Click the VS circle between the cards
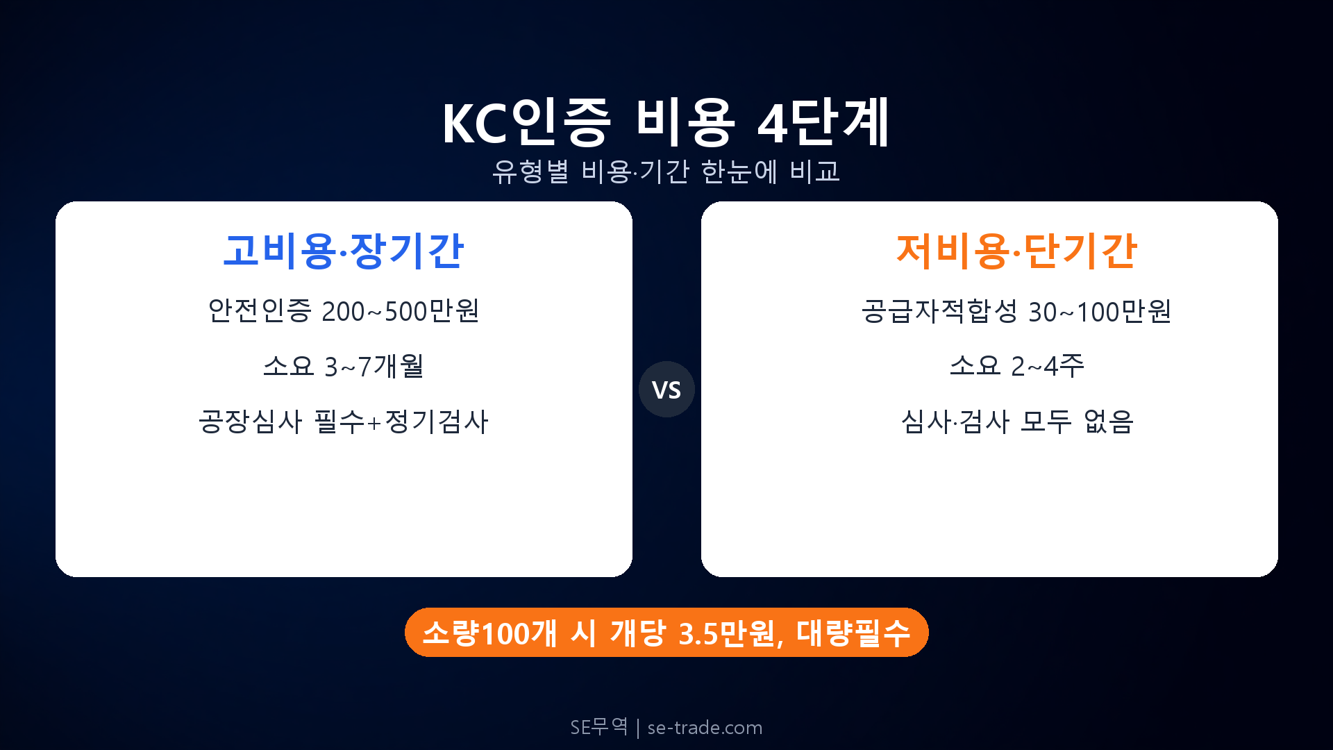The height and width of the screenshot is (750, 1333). (666, 390)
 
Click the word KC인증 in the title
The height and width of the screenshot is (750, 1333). (526, 123)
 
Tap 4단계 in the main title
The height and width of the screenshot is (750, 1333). (823, 123)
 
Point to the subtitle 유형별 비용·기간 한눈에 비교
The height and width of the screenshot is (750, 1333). (666, 172)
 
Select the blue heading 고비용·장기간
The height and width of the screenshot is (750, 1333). (343, 251)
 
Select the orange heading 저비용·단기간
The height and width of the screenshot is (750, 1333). (1016, 251)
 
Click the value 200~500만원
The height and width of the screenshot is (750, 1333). (401, 311)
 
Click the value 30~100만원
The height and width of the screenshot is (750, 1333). (1100, 312)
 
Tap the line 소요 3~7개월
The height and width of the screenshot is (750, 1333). (343, 366)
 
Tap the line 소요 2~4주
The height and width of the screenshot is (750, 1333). (1016, 366)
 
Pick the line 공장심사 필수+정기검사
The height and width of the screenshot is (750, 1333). (343, 422)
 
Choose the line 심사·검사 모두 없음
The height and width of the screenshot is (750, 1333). (1016, 422)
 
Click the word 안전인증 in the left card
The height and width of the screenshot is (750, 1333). (260, 311)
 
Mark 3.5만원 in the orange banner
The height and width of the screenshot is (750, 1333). (726, 633)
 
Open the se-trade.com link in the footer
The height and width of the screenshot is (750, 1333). (705, 728)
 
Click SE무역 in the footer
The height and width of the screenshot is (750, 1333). (598, 727)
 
